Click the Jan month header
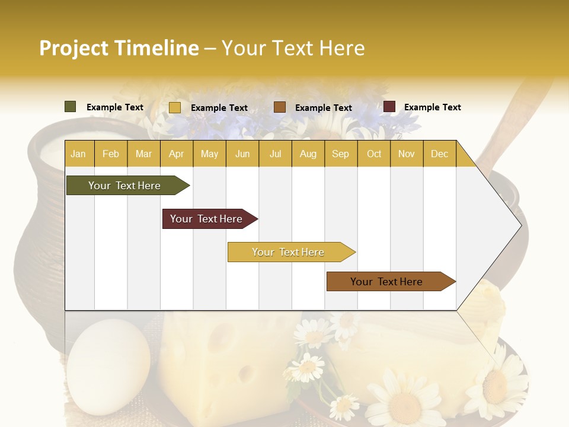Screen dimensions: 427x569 click(x=79, y=154)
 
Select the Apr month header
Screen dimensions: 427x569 click(x=177, y=154)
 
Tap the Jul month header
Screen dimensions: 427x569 click(x=275, y=154)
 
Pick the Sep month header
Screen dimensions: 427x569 click(x=341, y=154)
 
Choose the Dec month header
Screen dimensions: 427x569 click(x=439, y=154)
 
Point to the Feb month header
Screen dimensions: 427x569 click(x=111, y=154)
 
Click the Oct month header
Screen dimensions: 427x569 click(x=374, y=154)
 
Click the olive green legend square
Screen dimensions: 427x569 click(x=71, y=107)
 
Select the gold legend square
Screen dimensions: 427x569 click(x=175, y=107)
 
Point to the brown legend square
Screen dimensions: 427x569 click(x=280, y=107)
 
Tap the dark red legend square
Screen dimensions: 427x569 click(x=389, y=107)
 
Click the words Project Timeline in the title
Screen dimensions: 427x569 click(x=119, y=48)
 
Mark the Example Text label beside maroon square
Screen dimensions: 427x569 click(x=432, y=107)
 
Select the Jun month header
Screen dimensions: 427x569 click(x=242, y=154)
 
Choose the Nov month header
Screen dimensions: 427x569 click(x=407, y=154)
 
